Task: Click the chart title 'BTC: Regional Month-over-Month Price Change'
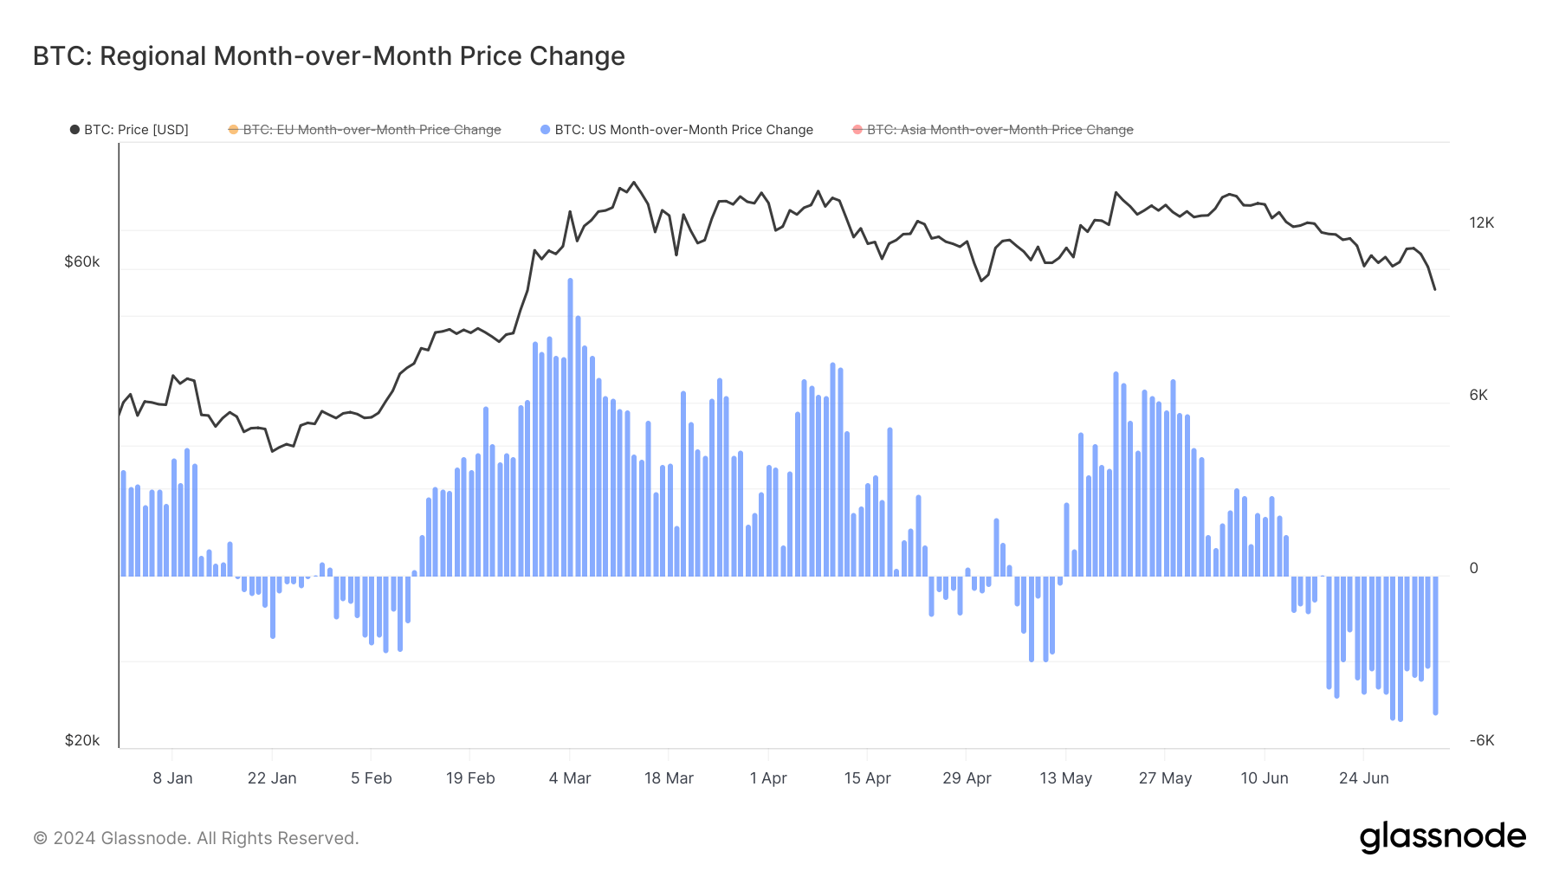click(328, 56)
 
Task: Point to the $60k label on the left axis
click(82, 261)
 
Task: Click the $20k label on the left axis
click(82, 740)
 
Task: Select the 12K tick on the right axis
click(1481, 222)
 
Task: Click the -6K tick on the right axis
click(1481, 740)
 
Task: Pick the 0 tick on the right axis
click(1473, 568)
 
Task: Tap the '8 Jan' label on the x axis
click(172, 777)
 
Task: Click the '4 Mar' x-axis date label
click(570, 777)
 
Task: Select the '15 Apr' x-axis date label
click(867, 777)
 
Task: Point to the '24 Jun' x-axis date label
click(1363, 777)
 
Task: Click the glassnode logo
click(1442, 837)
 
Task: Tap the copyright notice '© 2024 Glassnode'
click(196, 838)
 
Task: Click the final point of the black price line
click(1435, 289)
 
